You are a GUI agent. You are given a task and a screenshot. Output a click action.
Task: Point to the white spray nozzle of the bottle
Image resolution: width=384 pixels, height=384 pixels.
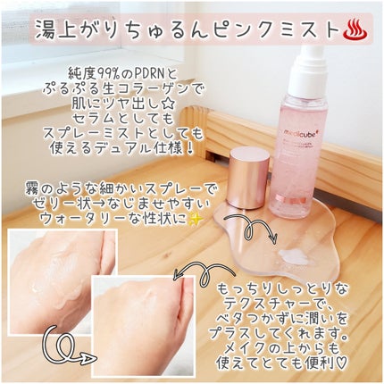click(x=310, y=70)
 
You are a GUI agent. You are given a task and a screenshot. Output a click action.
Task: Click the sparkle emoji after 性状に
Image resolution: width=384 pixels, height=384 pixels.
click(x=196, y=220)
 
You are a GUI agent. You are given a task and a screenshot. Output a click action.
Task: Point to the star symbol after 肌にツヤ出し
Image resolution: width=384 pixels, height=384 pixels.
click(x=169, y=105)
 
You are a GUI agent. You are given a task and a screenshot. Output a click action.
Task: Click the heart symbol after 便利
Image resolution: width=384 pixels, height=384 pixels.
click(x=341, y=363)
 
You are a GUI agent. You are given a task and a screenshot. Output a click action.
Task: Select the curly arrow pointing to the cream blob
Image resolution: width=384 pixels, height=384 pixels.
click(x=252, y=229)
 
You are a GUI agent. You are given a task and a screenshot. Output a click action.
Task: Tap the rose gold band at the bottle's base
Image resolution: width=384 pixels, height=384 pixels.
click(x=287, y=198)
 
